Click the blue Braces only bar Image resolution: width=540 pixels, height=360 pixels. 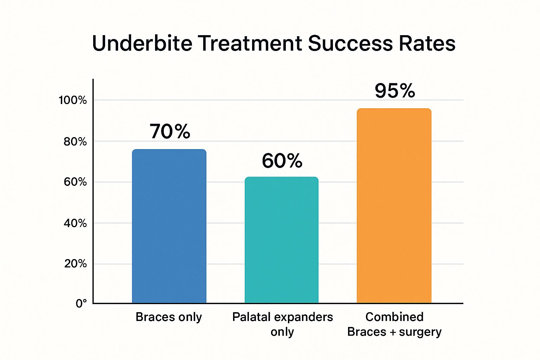pyautogui.click(x=169, y=226)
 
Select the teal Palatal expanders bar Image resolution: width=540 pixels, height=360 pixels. pyautogui.click(x=282, y=240)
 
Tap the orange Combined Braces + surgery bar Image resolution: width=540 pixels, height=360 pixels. pyautogui.click(x=394, y=205)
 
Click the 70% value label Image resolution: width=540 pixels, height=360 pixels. pyautogui.click(x=170, y=131)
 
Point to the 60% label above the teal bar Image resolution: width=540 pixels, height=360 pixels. pyautogui.click(x=282, y=161)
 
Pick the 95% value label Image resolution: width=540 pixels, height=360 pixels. pyautogui.click(x=395, y=91)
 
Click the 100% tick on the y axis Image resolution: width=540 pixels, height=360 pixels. pyautogui.click(x=72, y=100)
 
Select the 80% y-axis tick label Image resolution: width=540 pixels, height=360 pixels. pyautogui.click(x=75, y=142)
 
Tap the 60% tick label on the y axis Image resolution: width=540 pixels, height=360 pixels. pyautogui.click(x=75, y=182)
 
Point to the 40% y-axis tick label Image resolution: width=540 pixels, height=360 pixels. pyautogui.click(x=75, y=223)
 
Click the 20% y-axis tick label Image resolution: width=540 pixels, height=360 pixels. pyautogui.click(x=75, y=264)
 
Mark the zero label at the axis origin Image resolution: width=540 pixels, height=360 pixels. pyautogui.click(x=81, y=304)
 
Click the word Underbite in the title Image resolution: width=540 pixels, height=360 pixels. pyautogui.click(x=142, y=43)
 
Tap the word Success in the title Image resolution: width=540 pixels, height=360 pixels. pyautogui.click(x=351, y=43)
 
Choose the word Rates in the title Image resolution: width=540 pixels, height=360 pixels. pyautogui.click(x=427, y=43)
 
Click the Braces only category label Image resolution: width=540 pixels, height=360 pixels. pyautogui.click(x=169, y=317)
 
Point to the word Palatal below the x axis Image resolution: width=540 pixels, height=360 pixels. pyautogui.click(x=253, y=317)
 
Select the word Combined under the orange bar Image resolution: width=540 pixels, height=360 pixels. pyautogui.click(x=394, y=317)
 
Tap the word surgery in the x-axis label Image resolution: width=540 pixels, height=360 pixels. pyautogui.click(x=420, y=332)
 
